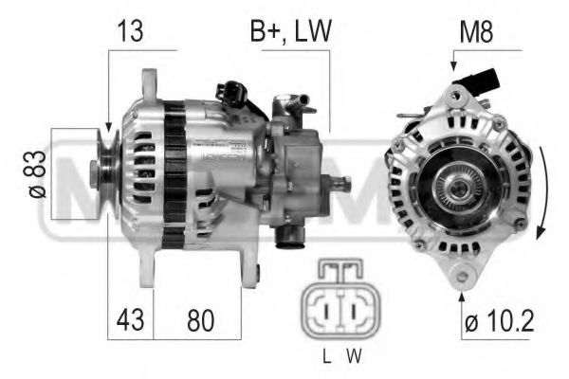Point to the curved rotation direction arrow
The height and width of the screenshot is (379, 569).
(x=542, y=194)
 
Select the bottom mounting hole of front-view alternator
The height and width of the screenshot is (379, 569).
(x=462, y=276)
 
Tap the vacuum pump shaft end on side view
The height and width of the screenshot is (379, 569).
(x=343, y=183)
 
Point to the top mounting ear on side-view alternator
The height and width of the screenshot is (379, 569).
(x=149, y=82)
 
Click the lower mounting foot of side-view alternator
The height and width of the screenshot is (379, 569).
(x=249, y=275)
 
